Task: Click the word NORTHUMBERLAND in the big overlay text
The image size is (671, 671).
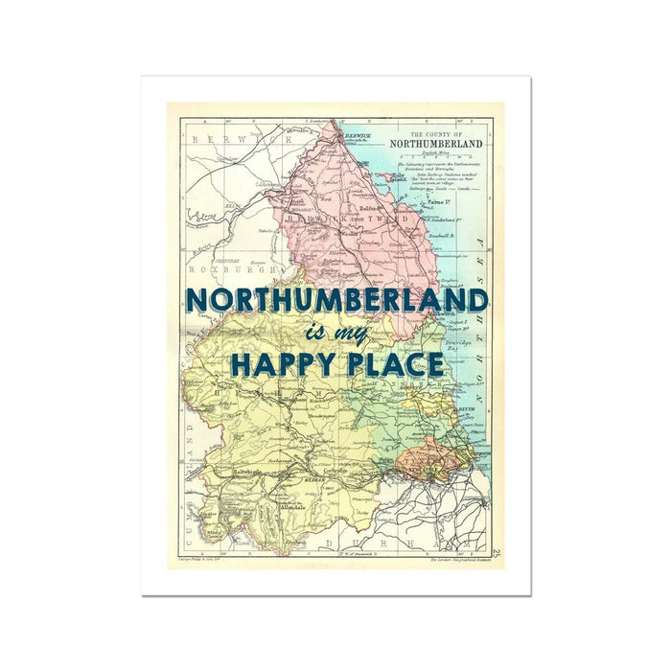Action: coord(336,300)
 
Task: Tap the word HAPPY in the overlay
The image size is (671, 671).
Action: coord(282,365)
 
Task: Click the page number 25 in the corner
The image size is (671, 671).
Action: coord(497,553)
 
